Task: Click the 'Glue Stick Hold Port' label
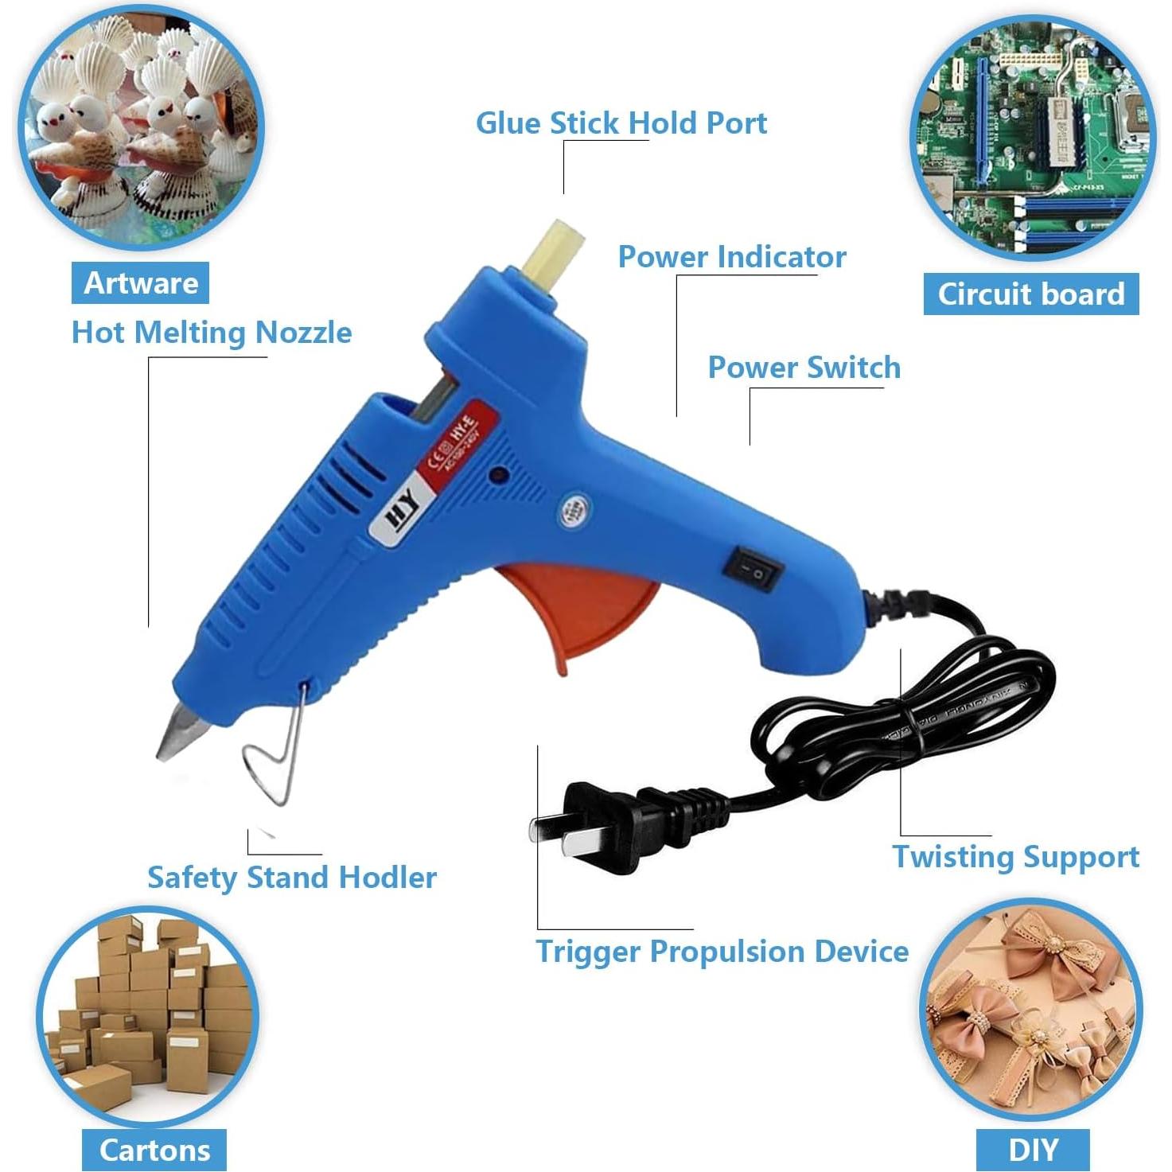tap(621, 123)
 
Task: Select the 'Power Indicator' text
tap(732, 257)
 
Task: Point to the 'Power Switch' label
tap(804, 368)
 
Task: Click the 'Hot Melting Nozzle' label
tap(212, 333)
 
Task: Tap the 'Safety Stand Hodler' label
tap(292, 878)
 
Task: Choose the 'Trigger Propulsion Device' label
tap(722, 952)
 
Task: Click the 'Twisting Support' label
tap(1015, 857)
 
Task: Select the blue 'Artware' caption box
tap(141, 283)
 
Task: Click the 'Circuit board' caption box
tap(1031, 294)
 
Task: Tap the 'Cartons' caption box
tap(154, 1151)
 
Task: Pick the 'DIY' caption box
tap(1033, 1150)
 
